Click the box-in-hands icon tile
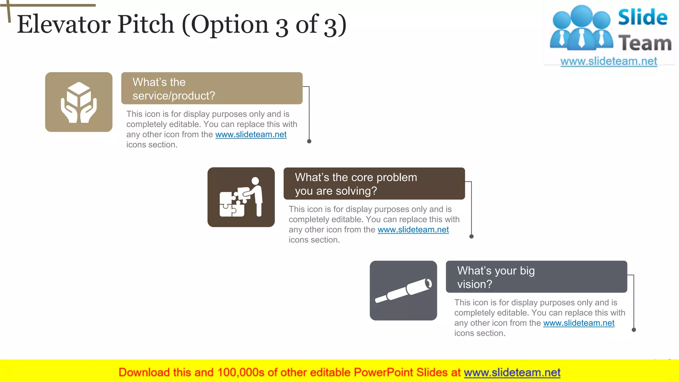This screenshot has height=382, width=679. pyautogui.click(x=79, y=102)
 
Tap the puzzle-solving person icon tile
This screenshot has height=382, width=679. pyautogui.click(x=241, y=197)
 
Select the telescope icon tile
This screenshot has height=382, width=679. pyautogui.click(x=403, y=290)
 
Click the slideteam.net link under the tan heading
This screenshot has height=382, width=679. pyautogui.click(x=251, y=135)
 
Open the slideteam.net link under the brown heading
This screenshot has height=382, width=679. pyautogui.click(x=413, y=230)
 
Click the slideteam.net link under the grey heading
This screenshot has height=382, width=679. pyautogui.click(x=579, y=323)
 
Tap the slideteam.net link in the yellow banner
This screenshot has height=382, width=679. pyautogui.click(x=512, y=373)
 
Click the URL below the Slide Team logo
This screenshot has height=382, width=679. pyautogui.click(x=609, y=61)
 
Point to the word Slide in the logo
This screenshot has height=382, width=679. pyautogui.click(x=643, y=17)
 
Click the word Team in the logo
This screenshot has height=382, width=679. pyautogui.click(x=645, y=43)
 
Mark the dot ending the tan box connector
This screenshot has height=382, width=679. pyautogui.click(x=309, y=141)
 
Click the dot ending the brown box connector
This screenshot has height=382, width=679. pyautogui.click(x=471, y=236)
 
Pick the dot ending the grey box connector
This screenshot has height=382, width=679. pyautogui.click(x=634, y=330)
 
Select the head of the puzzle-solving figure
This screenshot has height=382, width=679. pyautogui.click(x=255, y=181)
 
